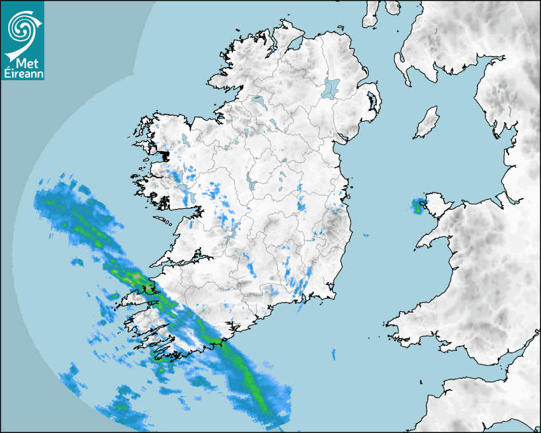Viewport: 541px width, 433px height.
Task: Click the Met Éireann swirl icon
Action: pos(22,27)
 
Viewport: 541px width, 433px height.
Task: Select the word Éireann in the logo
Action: pos(23,74)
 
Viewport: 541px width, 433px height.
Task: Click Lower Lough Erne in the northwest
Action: pos(258,101)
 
